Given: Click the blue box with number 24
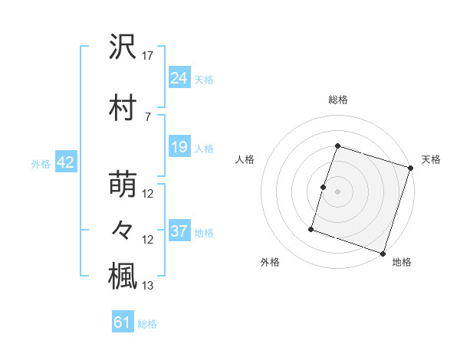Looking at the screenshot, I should (x=179, y=78).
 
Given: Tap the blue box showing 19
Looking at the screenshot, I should (x=179, y=147).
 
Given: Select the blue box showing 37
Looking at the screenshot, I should (x=179, y=231).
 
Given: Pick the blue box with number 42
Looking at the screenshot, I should (x=64, y=162).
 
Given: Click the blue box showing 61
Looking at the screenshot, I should (x=123, y=322).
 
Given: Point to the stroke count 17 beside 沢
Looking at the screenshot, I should (x=148, y=56).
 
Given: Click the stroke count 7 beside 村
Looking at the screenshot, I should (x=147, y=116).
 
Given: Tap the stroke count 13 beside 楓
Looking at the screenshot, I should (x=148, y=286).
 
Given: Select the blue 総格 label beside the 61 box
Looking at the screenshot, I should (x=147, y=324).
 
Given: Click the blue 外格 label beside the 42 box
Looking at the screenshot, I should (x=40, y=163).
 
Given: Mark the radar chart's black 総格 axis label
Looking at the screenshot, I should (x=337, y=100).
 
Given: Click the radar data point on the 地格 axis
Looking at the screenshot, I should (x=383, y=253).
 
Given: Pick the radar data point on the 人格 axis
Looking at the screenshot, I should (x=324, y=187).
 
